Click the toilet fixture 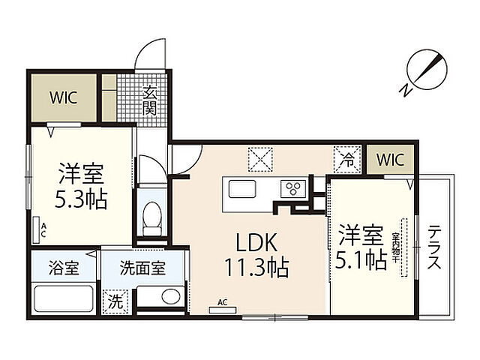(152, 218)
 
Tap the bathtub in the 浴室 (64, 298)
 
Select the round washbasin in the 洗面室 (171, 296)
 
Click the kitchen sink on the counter (242, 189)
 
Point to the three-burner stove (293, 188)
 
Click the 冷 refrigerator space (347, 159)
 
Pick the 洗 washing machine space (115, 301)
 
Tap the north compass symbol (424, 73)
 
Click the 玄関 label (150, 100)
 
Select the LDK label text (256, 242)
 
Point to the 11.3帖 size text (256, 267)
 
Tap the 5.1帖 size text (361, 260)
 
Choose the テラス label (434, 247)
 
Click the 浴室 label (64, 268)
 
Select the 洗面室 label (142, 268)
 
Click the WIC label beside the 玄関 (63, 97)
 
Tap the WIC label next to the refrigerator (390, 160)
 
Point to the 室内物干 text (395, 248)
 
